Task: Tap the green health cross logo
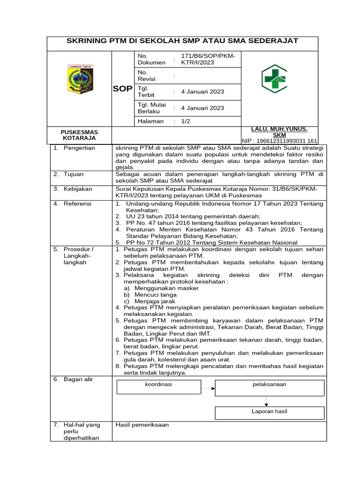pos(274,78)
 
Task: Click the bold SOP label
pos(122,89)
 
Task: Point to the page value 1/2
pos(186,121)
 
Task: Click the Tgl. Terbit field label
pos(146,91)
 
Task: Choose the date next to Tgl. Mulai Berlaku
pos(202,108)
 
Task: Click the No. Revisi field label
pos(146,75)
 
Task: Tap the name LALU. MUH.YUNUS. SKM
pos(279,132)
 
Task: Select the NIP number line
pos(279,141)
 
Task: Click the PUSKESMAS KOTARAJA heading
pos(79,135)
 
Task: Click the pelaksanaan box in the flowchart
pos(270,387)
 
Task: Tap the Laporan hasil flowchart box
pos(270,412)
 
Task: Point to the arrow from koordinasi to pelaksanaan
pos(213,388)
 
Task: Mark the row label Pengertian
pos(79,148)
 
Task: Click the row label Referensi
pos(78,203)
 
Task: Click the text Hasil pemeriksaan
pos(142,425)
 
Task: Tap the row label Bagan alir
pos(78,379)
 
